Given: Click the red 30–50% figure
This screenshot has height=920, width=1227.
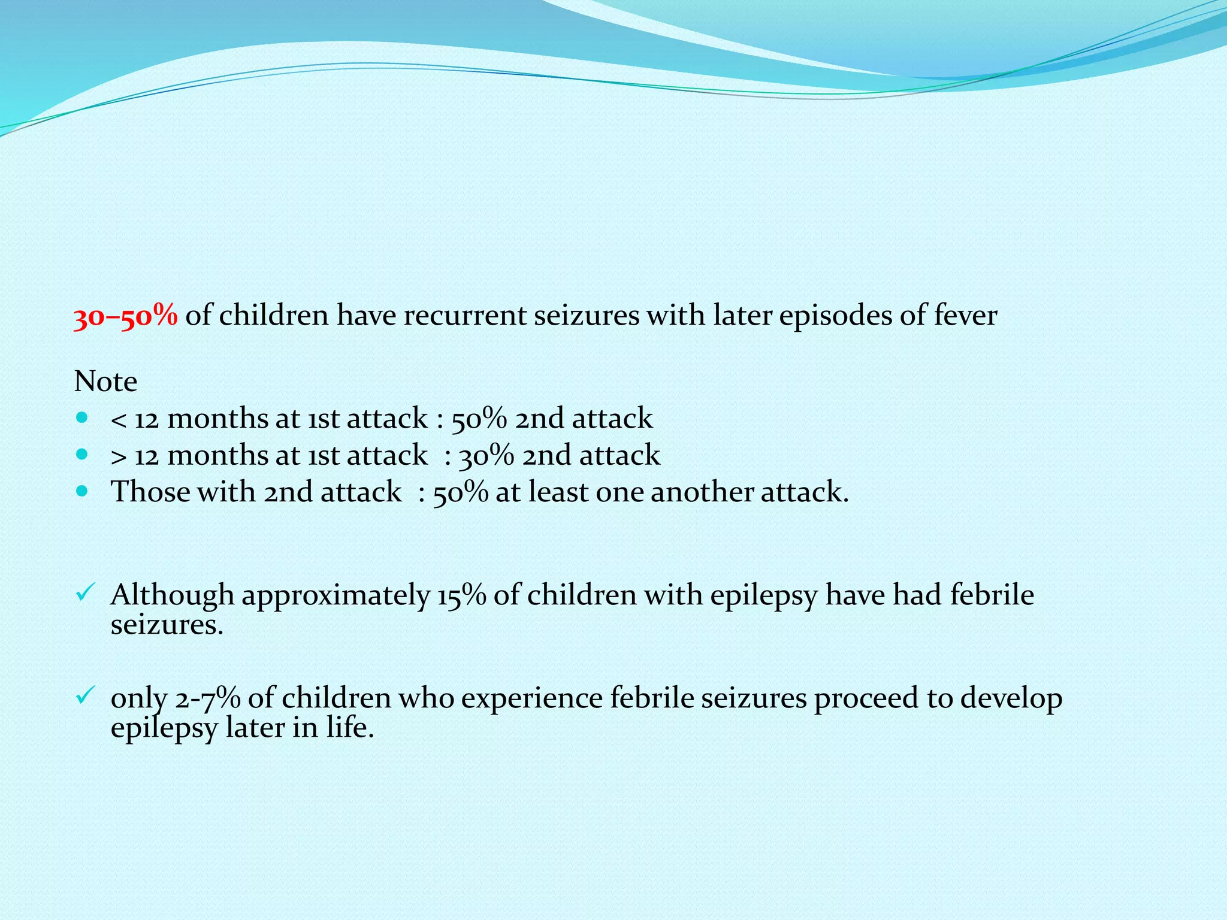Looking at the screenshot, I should pos(125,316).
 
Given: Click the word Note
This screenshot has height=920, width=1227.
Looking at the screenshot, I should pos(105,382).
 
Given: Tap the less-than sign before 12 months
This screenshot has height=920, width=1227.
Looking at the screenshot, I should pos(119,419).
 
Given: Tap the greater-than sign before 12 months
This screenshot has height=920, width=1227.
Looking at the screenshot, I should pos(119,456).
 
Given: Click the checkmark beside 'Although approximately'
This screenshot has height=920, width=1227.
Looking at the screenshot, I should pos(83,593).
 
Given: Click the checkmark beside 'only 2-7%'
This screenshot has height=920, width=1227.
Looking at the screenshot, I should pos(83,695).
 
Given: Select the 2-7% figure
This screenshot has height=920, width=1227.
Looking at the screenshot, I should pos(208,698).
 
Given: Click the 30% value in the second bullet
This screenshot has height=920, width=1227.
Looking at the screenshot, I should pos(486,456).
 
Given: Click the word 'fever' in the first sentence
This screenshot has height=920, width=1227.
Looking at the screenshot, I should pos(965,315).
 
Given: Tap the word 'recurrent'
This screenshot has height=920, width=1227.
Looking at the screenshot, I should pos(464,316).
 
